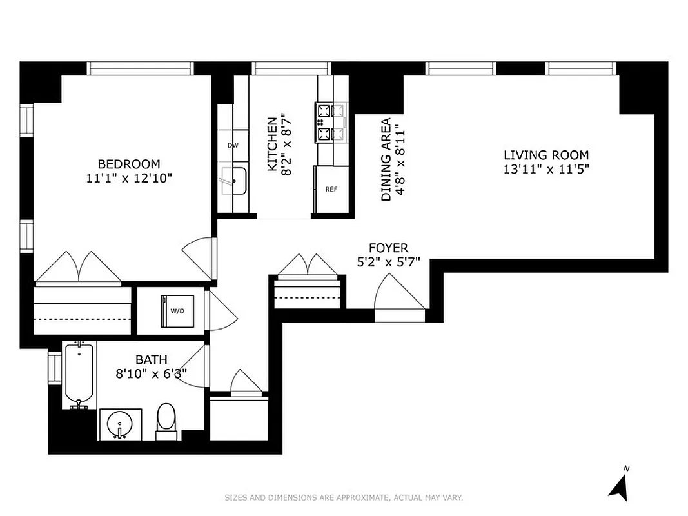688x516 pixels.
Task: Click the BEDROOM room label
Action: click(129, 164)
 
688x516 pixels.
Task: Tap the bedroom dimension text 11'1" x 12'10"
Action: click(129, 177)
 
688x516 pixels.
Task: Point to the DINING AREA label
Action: click(386, 159)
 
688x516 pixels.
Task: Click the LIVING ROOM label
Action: click(545, 155)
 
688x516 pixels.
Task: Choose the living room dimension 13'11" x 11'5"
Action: click(545, 169)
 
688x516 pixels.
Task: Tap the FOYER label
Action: click(388, 248)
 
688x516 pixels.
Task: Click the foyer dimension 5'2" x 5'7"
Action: click(388, 262)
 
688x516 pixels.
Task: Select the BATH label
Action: click(151, 359)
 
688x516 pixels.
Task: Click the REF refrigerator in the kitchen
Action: click(331, 189)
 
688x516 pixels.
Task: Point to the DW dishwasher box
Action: click(233, 145)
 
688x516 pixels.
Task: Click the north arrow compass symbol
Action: click(619, 486)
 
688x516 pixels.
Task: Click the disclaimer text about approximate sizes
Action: click(344, 497)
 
